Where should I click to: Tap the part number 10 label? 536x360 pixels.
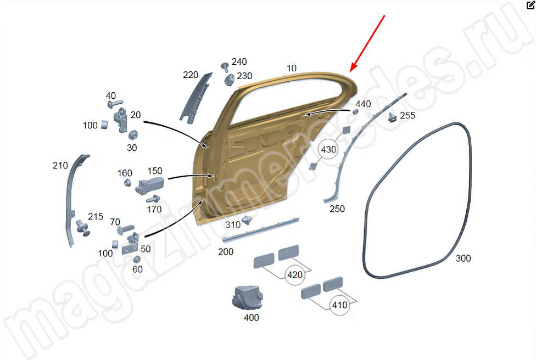click(291, 68)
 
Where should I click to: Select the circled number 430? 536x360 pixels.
click(328, 150)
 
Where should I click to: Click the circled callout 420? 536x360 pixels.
click(295, 274)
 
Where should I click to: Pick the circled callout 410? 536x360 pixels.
click(339, 305)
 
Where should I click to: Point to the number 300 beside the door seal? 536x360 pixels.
click(463, 258)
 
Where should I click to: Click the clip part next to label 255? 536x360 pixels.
click(393, 117)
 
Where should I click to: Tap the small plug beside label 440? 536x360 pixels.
click(355, 112)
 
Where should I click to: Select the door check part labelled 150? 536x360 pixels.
click(150, 186)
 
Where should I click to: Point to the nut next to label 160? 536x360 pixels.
click(127, 183)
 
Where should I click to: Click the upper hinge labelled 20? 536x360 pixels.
click(121, 120)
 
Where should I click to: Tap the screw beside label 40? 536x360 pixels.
click(115, 104)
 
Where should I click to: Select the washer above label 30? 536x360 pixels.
click(133, 135)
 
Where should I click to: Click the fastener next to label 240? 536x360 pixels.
click(225, 67)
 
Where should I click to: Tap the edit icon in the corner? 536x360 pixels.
click(531, 5)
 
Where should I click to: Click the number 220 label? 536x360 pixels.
click(191, 75)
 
